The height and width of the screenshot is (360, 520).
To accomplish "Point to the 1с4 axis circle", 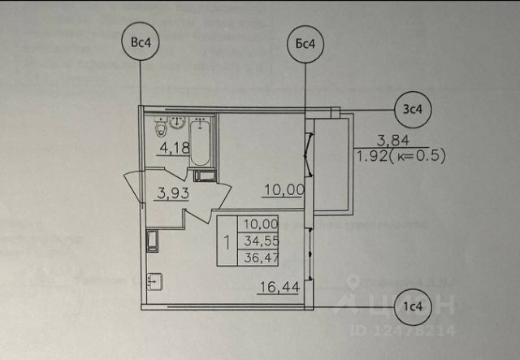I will tap(414, 306).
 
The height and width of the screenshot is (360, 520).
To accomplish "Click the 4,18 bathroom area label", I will tap(174, 147).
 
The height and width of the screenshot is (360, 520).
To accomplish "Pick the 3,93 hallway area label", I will tap(172, 193).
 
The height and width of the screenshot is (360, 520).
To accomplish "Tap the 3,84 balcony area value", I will tap(392, 140).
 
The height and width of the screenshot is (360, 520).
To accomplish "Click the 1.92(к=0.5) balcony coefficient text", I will tap(402, 157).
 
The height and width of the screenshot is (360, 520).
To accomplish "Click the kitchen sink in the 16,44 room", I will tap(155, 282).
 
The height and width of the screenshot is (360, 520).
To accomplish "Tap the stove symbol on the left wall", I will tap(152, 241).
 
